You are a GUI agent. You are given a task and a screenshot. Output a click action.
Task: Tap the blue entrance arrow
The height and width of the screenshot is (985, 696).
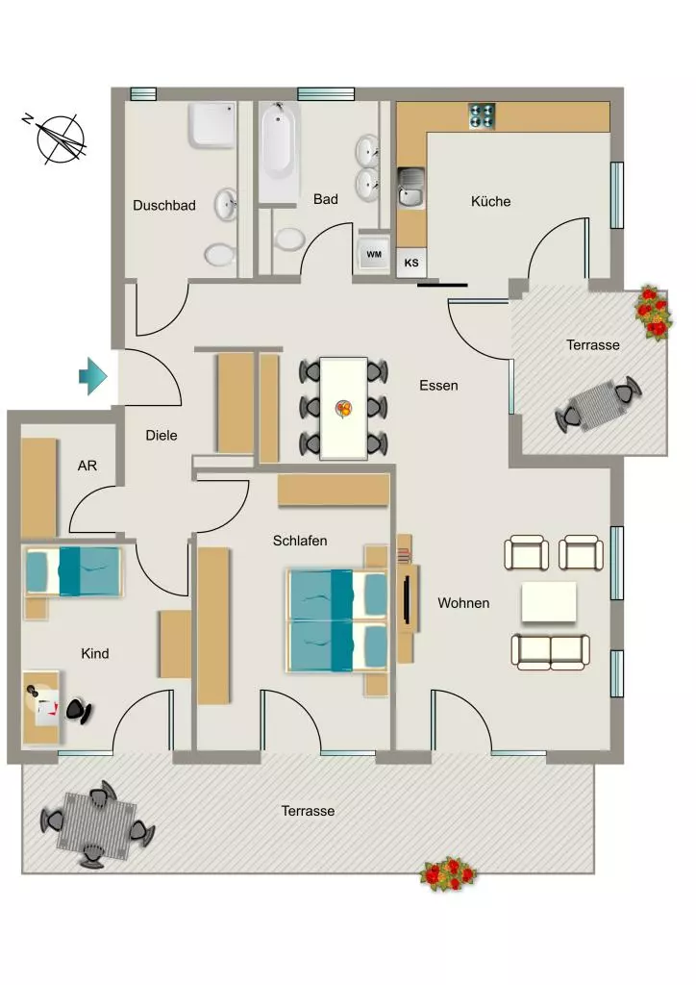pos(93,376)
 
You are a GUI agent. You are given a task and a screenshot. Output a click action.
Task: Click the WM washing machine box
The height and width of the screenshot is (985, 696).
pos(373,254)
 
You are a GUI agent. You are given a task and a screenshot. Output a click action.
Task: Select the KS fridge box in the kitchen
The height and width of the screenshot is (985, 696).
pos(411,263)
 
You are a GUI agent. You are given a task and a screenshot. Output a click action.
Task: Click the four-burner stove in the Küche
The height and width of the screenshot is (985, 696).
pos(482,116)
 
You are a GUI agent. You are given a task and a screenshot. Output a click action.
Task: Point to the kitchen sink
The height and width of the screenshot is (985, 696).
pos(411,188)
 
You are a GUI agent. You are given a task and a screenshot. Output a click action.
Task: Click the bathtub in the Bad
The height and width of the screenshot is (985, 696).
pos(279,152)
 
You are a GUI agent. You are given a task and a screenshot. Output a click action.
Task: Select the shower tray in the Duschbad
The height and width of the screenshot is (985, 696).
pos(212,125)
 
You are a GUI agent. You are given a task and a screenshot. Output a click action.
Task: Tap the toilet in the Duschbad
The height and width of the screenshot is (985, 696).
pos(219,254)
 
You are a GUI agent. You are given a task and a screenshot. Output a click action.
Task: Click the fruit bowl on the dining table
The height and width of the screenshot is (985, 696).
pos(342,409)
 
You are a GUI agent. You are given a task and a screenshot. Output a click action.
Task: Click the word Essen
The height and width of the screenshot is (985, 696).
pos(438,385)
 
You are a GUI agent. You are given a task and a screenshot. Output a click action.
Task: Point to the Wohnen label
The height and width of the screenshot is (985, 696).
pos(463,603)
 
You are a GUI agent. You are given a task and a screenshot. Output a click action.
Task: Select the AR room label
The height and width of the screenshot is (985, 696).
pos(87,466)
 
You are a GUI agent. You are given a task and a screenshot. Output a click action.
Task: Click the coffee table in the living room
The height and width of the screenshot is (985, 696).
pos(549,602)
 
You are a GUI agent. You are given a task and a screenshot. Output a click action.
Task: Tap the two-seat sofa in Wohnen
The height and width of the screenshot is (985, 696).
pos(551,651)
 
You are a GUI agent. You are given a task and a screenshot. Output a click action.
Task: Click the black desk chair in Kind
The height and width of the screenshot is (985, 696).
pos(79,711)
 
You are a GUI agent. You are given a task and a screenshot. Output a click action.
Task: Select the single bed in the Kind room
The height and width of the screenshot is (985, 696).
pos(73,571)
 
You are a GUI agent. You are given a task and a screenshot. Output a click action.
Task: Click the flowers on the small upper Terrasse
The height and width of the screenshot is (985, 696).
pos(654,313)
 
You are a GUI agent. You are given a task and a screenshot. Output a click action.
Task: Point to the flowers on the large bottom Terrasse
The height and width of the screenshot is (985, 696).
pos(448,873)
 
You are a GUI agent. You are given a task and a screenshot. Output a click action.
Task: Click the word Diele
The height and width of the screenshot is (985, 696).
pos(162,436)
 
